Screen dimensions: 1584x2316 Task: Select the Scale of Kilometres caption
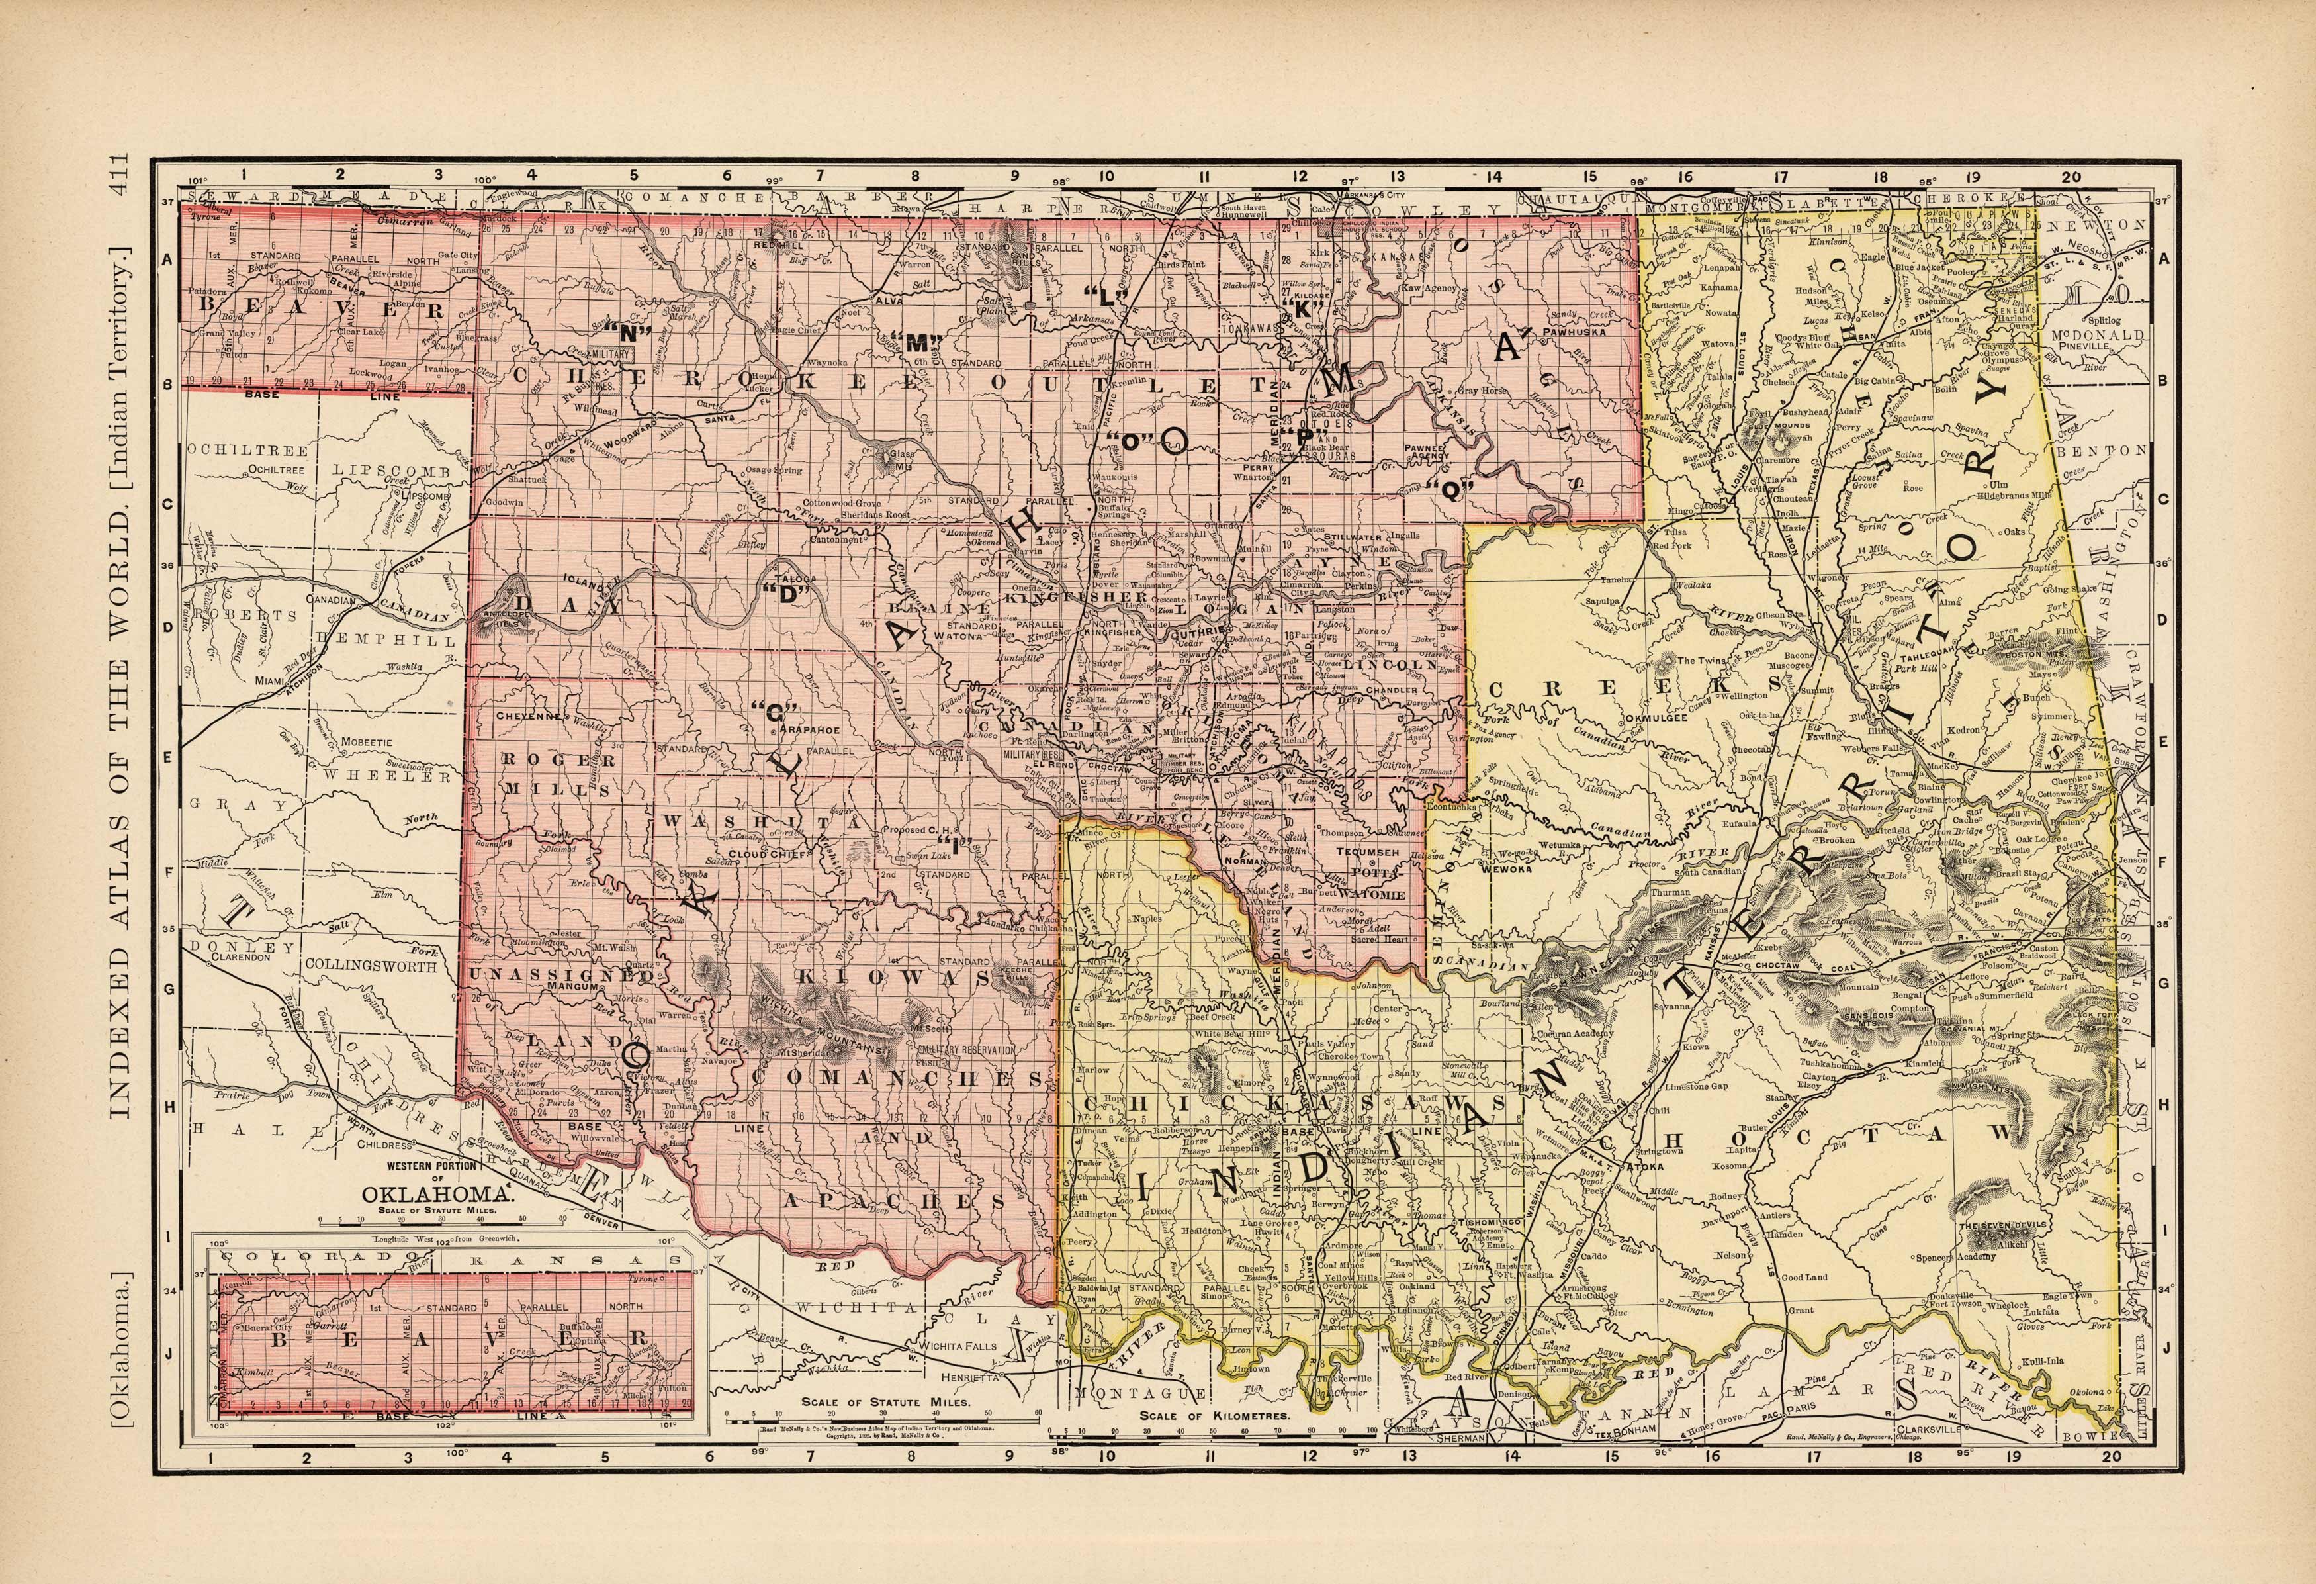1215,1415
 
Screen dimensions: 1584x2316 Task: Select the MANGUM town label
571,987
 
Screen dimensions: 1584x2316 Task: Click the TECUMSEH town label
1369,851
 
